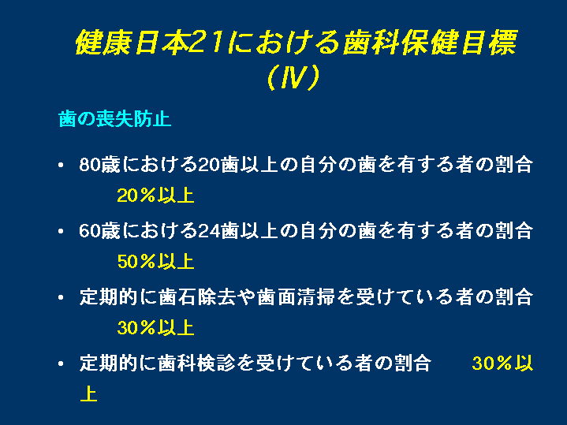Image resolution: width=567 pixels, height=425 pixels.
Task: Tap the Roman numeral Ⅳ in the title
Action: point(293,77)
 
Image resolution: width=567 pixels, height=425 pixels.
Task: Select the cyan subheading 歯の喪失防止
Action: point(114,119)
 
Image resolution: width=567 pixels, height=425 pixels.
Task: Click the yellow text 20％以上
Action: point(156,196)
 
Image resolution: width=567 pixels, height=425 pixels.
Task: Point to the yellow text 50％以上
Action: point(156,262)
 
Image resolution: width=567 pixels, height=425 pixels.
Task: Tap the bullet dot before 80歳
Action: point(61,166)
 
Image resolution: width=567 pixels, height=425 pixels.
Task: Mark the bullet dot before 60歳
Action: point(61,231)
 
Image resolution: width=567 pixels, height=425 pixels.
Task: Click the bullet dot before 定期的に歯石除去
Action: point(61,297)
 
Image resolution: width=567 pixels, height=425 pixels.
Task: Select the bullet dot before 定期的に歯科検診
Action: point(61,363)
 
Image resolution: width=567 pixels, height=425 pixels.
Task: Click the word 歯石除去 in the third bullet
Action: point(197,297)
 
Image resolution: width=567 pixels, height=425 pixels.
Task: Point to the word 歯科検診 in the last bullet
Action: point(197,363)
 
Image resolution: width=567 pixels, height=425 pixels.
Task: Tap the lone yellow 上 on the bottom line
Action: point(88,393)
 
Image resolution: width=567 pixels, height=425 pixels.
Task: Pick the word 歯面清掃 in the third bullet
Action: point(296,297)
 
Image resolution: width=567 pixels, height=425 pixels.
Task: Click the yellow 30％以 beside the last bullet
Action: point(502,363)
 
